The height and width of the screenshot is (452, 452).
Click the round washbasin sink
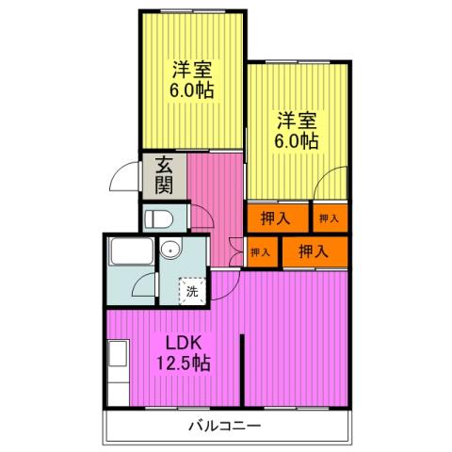pos(169,250)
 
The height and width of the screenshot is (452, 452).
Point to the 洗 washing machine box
pos(192,291)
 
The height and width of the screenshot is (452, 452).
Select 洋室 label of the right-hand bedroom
pos(296,120)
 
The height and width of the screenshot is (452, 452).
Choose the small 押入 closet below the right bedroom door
pos(329,218)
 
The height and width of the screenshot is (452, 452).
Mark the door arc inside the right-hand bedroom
pos(330,186)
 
